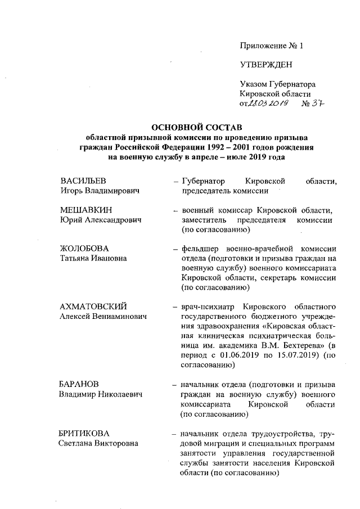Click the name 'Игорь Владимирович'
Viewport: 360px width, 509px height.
(100, 191)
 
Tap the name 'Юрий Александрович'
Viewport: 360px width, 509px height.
(98, 220)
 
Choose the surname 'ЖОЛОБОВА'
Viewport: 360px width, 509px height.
(84, 249)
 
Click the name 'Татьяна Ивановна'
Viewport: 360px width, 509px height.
(93, 259)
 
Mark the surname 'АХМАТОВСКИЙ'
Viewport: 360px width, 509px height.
(93, 307)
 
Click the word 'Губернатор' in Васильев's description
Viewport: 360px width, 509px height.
(202, 182)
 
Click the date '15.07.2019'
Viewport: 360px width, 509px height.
(295, 355)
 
